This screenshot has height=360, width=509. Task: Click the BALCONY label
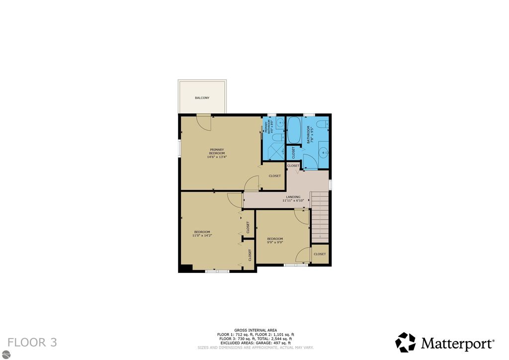click(x=202, y=98)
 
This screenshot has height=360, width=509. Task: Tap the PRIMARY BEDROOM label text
click(x=217, y=151)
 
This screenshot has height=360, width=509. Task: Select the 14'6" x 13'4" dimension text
click(x=217, y=157)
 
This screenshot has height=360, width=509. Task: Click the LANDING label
click(x=293, y=197)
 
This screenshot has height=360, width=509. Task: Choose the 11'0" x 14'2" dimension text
click(x=202, y=236)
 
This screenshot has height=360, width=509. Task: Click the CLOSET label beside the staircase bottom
click(x=320, y=254)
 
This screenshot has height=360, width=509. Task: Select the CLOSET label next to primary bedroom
click(x=274, y=176)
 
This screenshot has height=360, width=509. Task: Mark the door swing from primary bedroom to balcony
click(x=204, y=122)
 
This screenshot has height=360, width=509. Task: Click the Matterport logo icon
click(x=405, y=342)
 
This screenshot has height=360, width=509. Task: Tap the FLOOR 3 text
click(x=32, y=342)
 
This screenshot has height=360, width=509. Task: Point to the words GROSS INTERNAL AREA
click(x=255, y=330)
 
